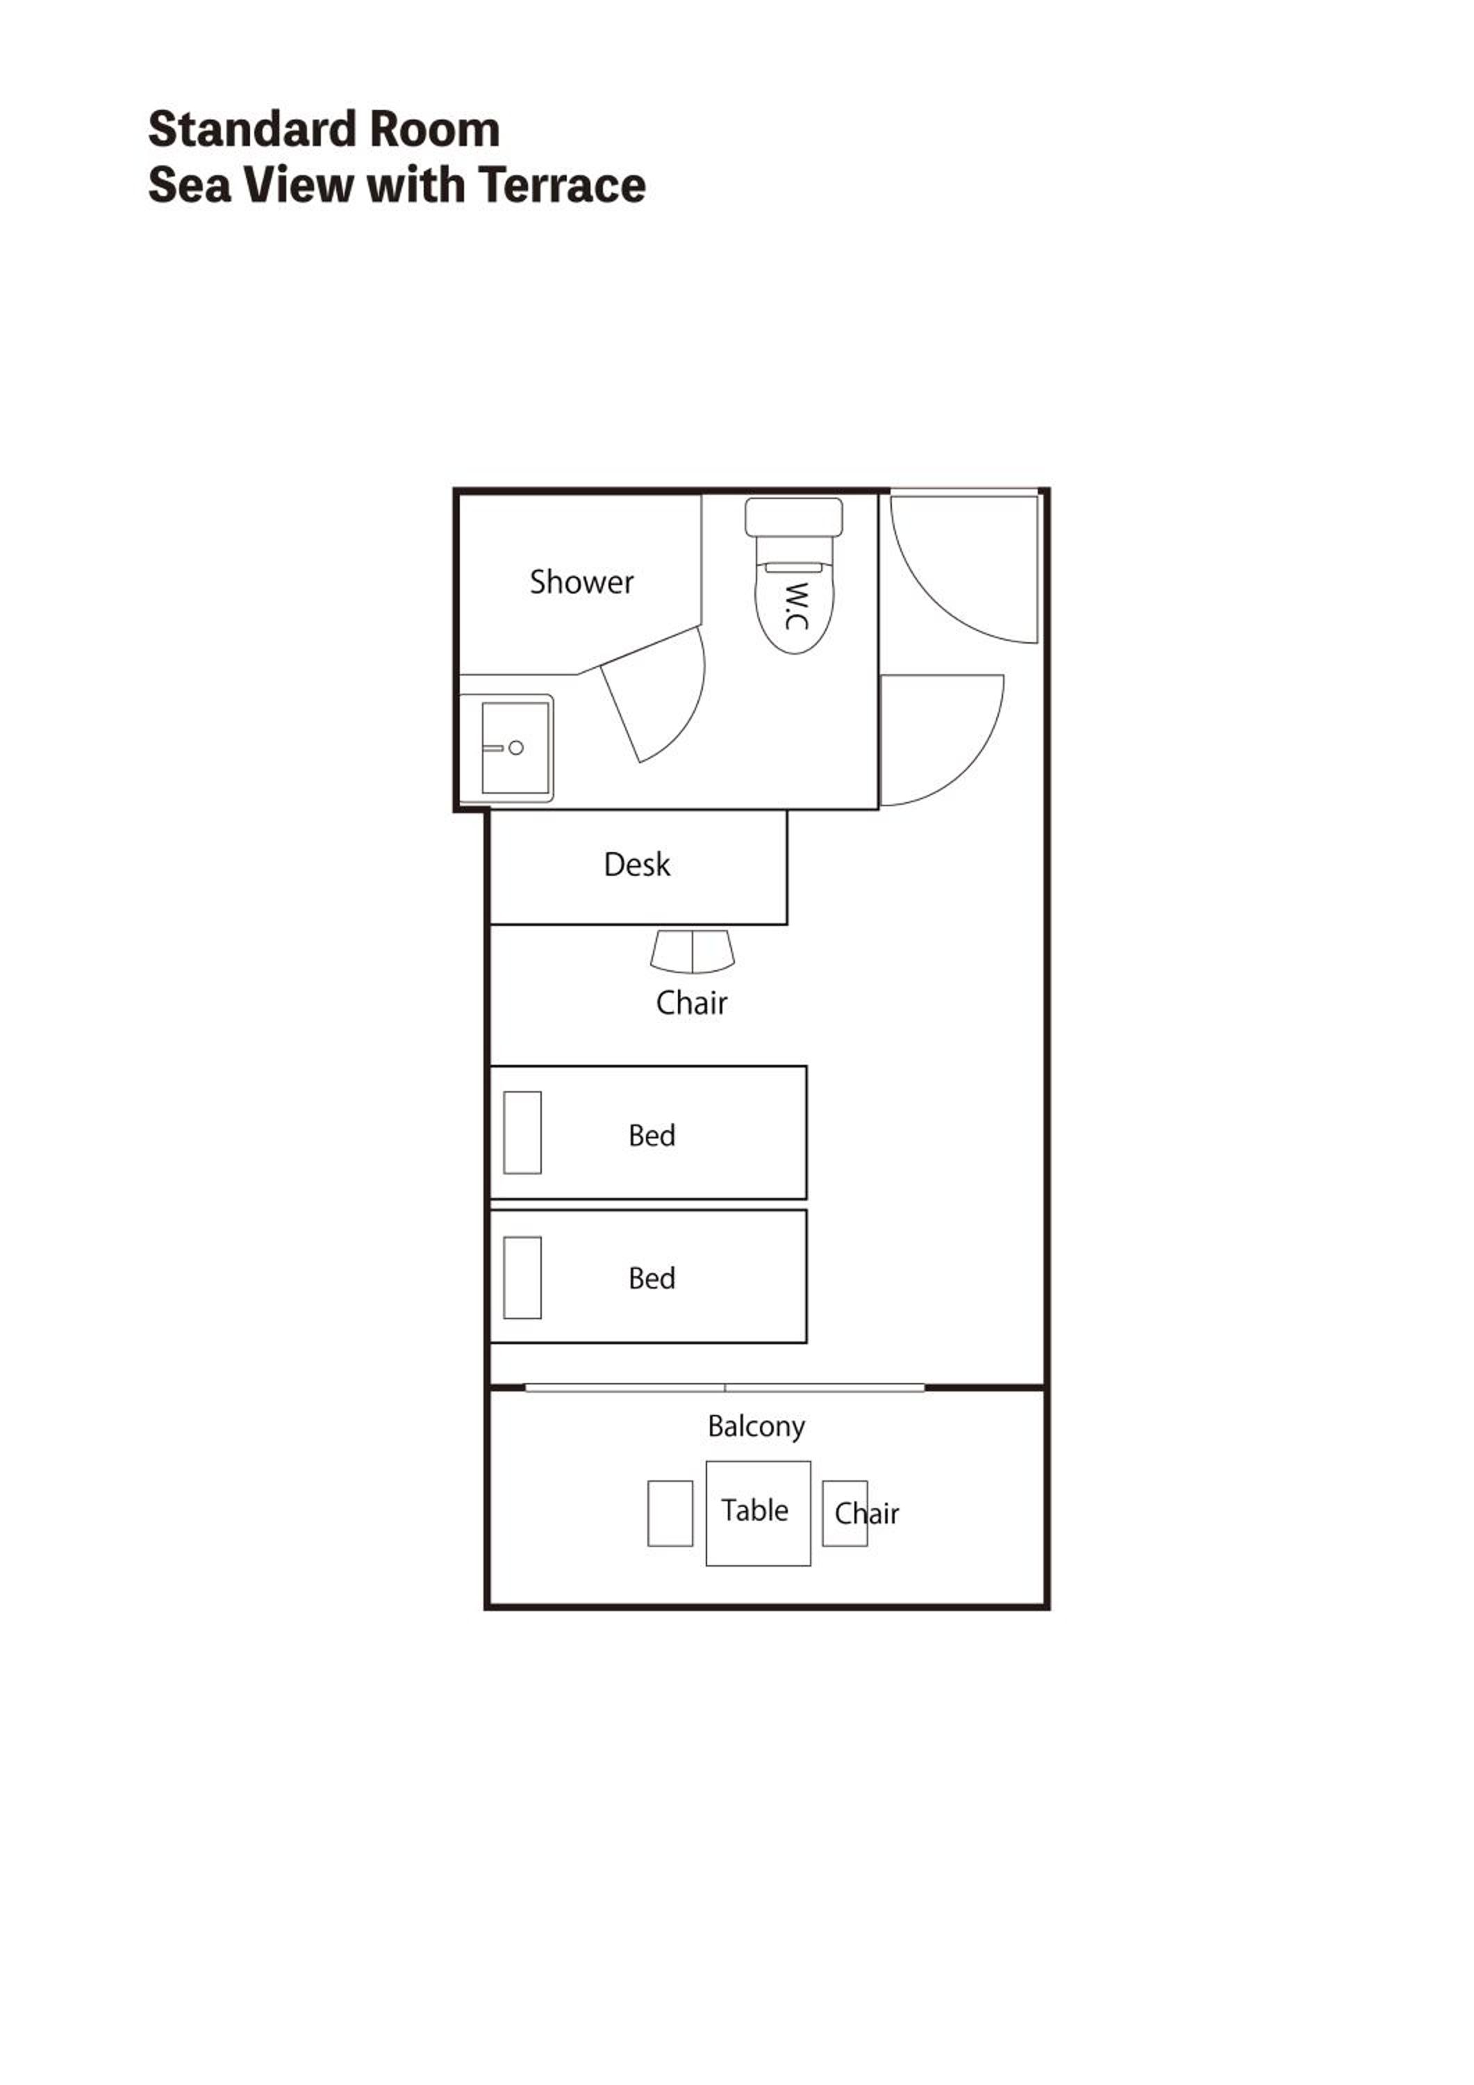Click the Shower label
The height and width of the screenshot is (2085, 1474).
[x=582, y=582]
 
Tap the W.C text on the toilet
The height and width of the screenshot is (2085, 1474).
[x=796, y=606]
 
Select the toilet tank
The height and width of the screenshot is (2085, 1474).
[x=793, y=516]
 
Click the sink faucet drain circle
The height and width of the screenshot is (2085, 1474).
[x=515, y=747]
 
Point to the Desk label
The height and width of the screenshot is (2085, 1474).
[x=637, y=865]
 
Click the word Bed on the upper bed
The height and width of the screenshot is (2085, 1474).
[x=652, y=1135]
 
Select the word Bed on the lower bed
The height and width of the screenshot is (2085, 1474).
[x=652, y=1277]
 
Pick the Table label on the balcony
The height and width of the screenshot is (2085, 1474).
[x=754, y=1510]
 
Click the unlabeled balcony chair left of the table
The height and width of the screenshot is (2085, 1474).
[x=670, y=1513]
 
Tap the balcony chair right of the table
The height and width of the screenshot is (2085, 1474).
[x=845, y=1513]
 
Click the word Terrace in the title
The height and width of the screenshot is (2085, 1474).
[x=563, y=186]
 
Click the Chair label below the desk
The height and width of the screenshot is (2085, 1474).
[x=692, y=1004]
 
